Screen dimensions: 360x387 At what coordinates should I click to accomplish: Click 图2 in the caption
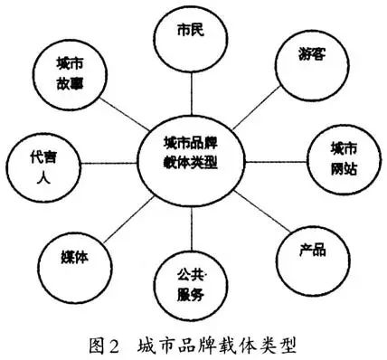(x=105, y=345)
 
